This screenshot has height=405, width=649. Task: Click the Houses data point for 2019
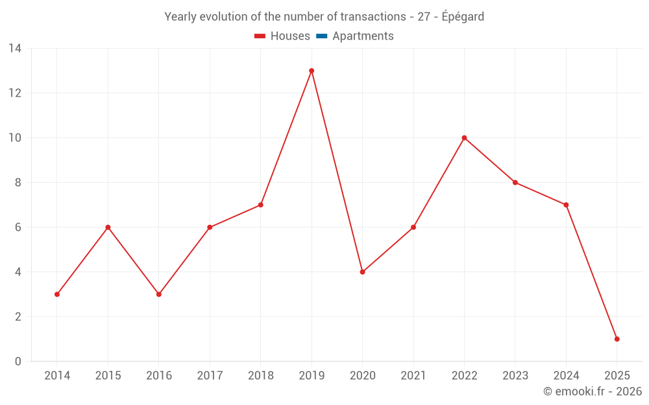[312, 71]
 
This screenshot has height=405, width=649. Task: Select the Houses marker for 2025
[617, 339]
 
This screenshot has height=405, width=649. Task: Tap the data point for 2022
[464, 138]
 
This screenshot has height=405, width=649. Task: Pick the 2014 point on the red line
[57, 294]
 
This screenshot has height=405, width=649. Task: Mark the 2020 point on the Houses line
[362, 272]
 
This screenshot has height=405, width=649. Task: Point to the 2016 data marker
[159, 294]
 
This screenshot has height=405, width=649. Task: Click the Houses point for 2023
[515, 183]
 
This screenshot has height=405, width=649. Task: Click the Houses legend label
[290, 36]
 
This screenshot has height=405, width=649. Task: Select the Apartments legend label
[363, 36]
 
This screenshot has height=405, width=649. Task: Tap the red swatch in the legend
[260, 36]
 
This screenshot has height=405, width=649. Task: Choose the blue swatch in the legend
[321, 36]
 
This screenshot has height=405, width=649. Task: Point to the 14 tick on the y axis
[15, 49]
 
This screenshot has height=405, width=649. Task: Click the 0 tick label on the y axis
[18, 362]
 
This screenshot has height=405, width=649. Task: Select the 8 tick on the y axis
[18, 183]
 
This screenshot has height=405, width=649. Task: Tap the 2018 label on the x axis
[261, 376]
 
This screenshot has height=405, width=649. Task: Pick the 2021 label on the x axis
[413, 376]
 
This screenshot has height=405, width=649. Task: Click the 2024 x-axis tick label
[566, 376]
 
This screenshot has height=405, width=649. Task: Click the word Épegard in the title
[463, 17]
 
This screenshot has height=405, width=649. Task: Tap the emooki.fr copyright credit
[593, 391]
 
